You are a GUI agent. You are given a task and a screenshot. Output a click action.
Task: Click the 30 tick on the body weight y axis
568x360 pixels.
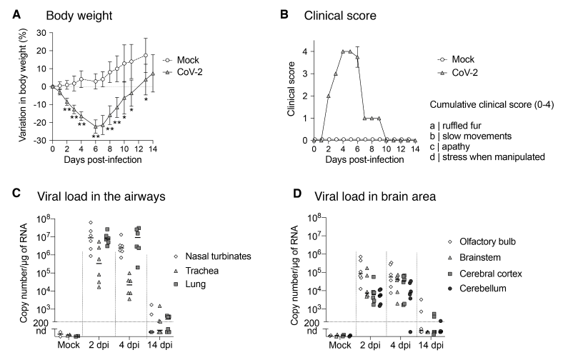(41, 33)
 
